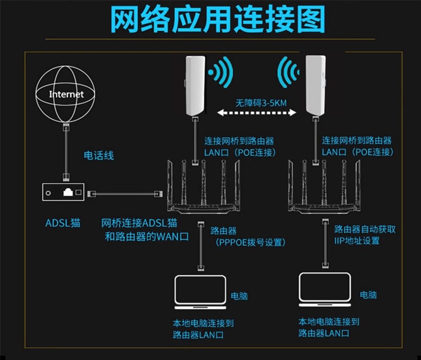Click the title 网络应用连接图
pos(217,19)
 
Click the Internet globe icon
pos(65,94)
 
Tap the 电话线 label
pos(99,155)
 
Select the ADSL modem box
pos(63,193)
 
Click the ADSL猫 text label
pos(63,223)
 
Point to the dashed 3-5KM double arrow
pos(256,112)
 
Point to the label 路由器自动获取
pos(365,229)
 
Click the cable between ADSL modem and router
pos(125,194)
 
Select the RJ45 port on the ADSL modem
pos(68,192)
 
